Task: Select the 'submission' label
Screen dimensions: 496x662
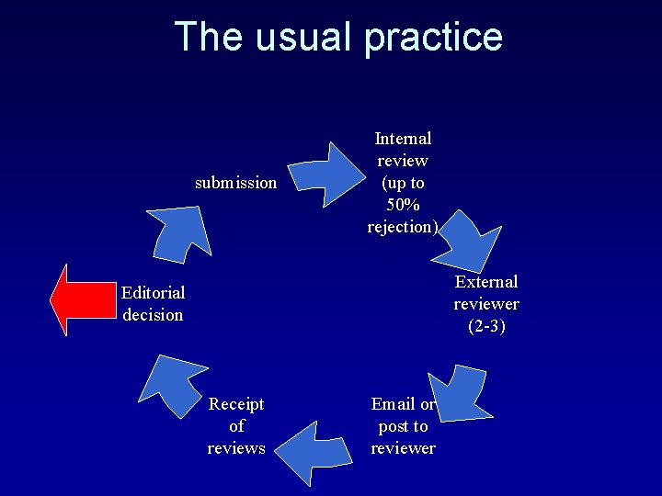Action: [x=235, y=182]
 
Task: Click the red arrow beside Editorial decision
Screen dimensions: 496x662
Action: [x=80, y=299]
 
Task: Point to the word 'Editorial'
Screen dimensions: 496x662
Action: [x=153, y=292]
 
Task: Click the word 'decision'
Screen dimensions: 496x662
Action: [x=153, y=314]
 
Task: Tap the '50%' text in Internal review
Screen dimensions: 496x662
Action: [x=403, y=204]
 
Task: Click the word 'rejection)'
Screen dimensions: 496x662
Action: [x=402, y=226]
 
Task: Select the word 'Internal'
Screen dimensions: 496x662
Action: [x=403, y=138]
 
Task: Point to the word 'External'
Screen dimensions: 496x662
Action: [x=485, y=281]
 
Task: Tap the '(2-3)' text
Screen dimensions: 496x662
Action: [x=485, y=325]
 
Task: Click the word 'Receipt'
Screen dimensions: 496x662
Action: [x=236, y=403]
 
